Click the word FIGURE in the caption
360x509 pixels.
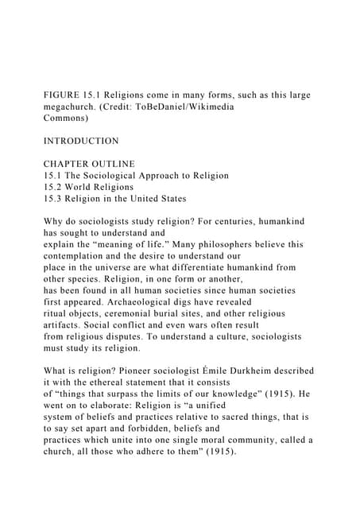[60, 95]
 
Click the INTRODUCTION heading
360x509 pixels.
[80, 141]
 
